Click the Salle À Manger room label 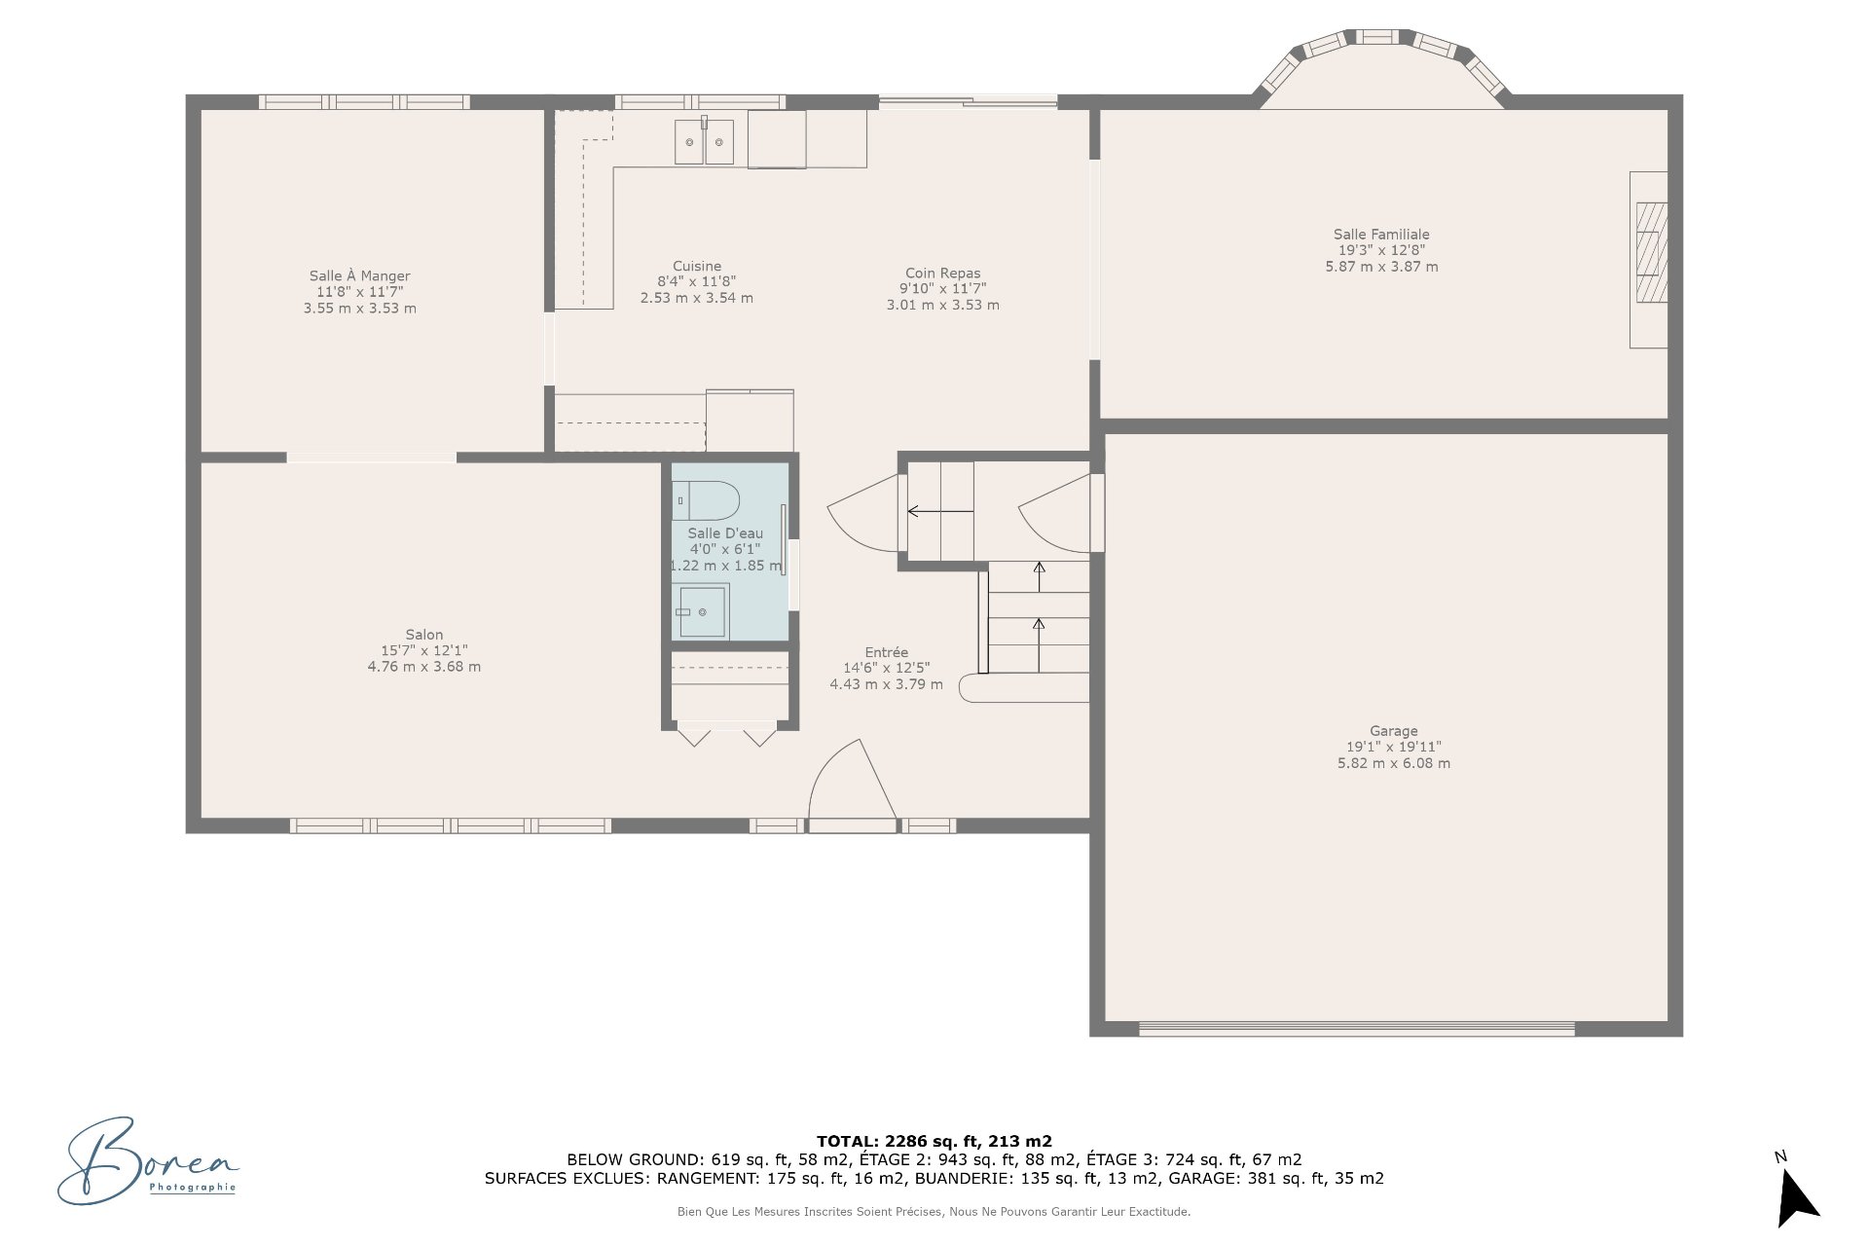pyautogui.click(x=359, y=276)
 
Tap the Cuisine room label pyautogui.click(x=697, y=266)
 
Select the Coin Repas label pyautogui.click(x=942, y=274)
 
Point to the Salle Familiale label pyautogui.click(x=1381, y=235)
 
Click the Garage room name pyautogui.click(x=1393, y=731)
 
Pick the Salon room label pyautogui.click(x=424, y=635)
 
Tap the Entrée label pyautogui.click(x=886, y=652)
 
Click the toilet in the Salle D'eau pyautogui.click(x=706, y=500)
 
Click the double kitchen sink pyautogui.click(x=704, y=141)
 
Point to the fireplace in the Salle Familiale pyautogui.click(x=1649, y=260)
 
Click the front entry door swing pyautogui.click(x=853, y=785)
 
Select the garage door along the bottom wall pyautogui.click(x=1356, y=1028)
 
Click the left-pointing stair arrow pyautogui.click(x=939, y=511)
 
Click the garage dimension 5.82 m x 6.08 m pyautogui.click(x=1393, y=763)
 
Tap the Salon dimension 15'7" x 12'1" pyautogui.click(x=424, y=650)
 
